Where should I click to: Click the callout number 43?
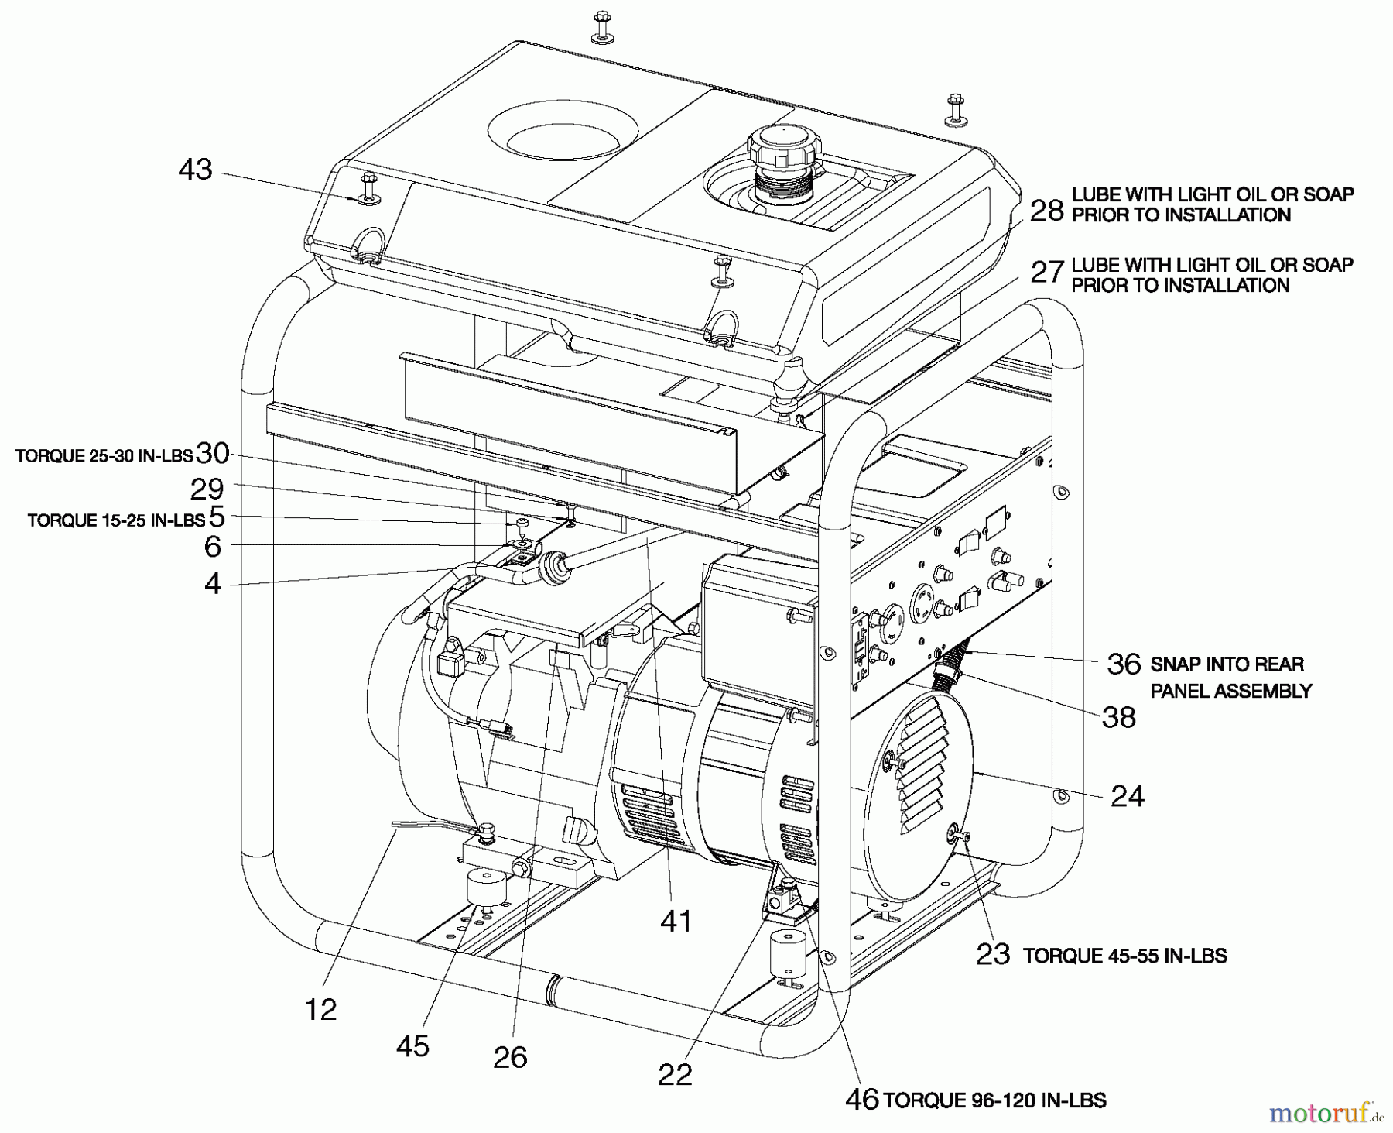pos(195,170)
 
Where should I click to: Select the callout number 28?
pos(1047,209)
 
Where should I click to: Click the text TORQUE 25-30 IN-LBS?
pos(103,456)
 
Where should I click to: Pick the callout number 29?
pos(207,489)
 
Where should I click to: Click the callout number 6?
pos(212,547)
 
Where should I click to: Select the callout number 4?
pos(212,583)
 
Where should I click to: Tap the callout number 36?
pos(1124,664)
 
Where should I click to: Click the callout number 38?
pos(1119,717)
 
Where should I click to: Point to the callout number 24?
pos(1127,795)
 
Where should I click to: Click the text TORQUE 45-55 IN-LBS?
pos(1124,956)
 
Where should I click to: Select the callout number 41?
pos(675,921)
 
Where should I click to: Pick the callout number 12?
pos(320,1009)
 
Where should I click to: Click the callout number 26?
pos(510,1056)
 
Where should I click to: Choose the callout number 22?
pos(675,1074)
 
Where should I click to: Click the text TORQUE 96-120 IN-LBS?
pos(994,1100)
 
